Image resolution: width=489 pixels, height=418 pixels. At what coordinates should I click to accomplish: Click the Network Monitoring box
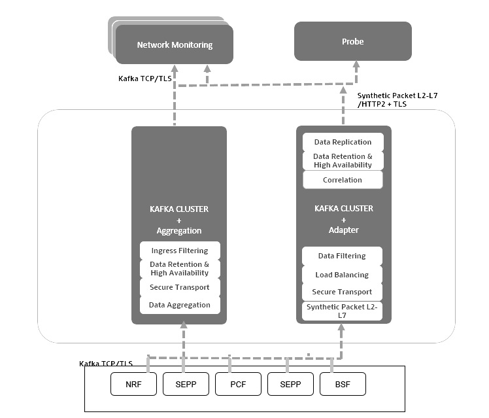[x=175, y=45]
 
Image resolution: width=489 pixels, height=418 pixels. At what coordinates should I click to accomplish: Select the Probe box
[x=352, y=41]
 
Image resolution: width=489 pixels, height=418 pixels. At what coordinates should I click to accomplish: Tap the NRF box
[x=133, y=384]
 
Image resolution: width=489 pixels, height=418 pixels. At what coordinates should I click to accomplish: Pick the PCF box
[x=239, y=384]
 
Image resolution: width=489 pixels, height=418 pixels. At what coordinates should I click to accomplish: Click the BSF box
[x=343, y=384]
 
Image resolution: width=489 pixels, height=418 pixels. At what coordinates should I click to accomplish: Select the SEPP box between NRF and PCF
[x=186, y=384]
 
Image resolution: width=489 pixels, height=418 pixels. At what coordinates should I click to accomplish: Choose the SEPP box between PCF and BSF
[x=290, y=384]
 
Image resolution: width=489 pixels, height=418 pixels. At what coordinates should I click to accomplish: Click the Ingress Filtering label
[x=180, y=251]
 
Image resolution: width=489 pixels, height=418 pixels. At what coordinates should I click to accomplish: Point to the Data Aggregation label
[x=180, y=305]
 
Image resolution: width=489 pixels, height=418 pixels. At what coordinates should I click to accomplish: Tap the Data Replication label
[x=343, y=142]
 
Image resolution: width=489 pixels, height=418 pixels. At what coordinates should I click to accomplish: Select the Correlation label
[x=343, y=180]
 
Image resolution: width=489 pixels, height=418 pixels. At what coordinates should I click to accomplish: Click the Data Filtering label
[x=342, y=256]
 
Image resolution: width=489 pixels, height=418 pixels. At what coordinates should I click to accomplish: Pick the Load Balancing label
[x=342, y=275]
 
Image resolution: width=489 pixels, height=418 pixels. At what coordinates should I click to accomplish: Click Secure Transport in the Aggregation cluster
[x=180, y=287]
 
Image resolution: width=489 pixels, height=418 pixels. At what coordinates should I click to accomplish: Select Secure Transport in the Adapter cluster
[x=342, y=292]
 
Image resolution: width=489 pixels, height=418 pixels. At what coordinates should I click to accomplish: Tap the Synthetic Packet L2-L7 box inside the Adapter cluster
[x=342, y=311]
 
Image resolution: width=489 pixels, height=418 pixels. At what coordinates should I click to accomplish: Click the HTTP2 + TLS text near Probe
[x=382, y=104]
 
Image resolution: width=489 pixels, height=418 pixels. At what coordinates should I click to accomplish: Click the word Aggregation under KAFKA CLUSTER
[x=179, y=231]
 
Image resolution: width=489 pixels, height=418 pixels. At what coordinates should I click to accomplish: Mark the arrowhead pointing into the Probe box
[x=356, y=65]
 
